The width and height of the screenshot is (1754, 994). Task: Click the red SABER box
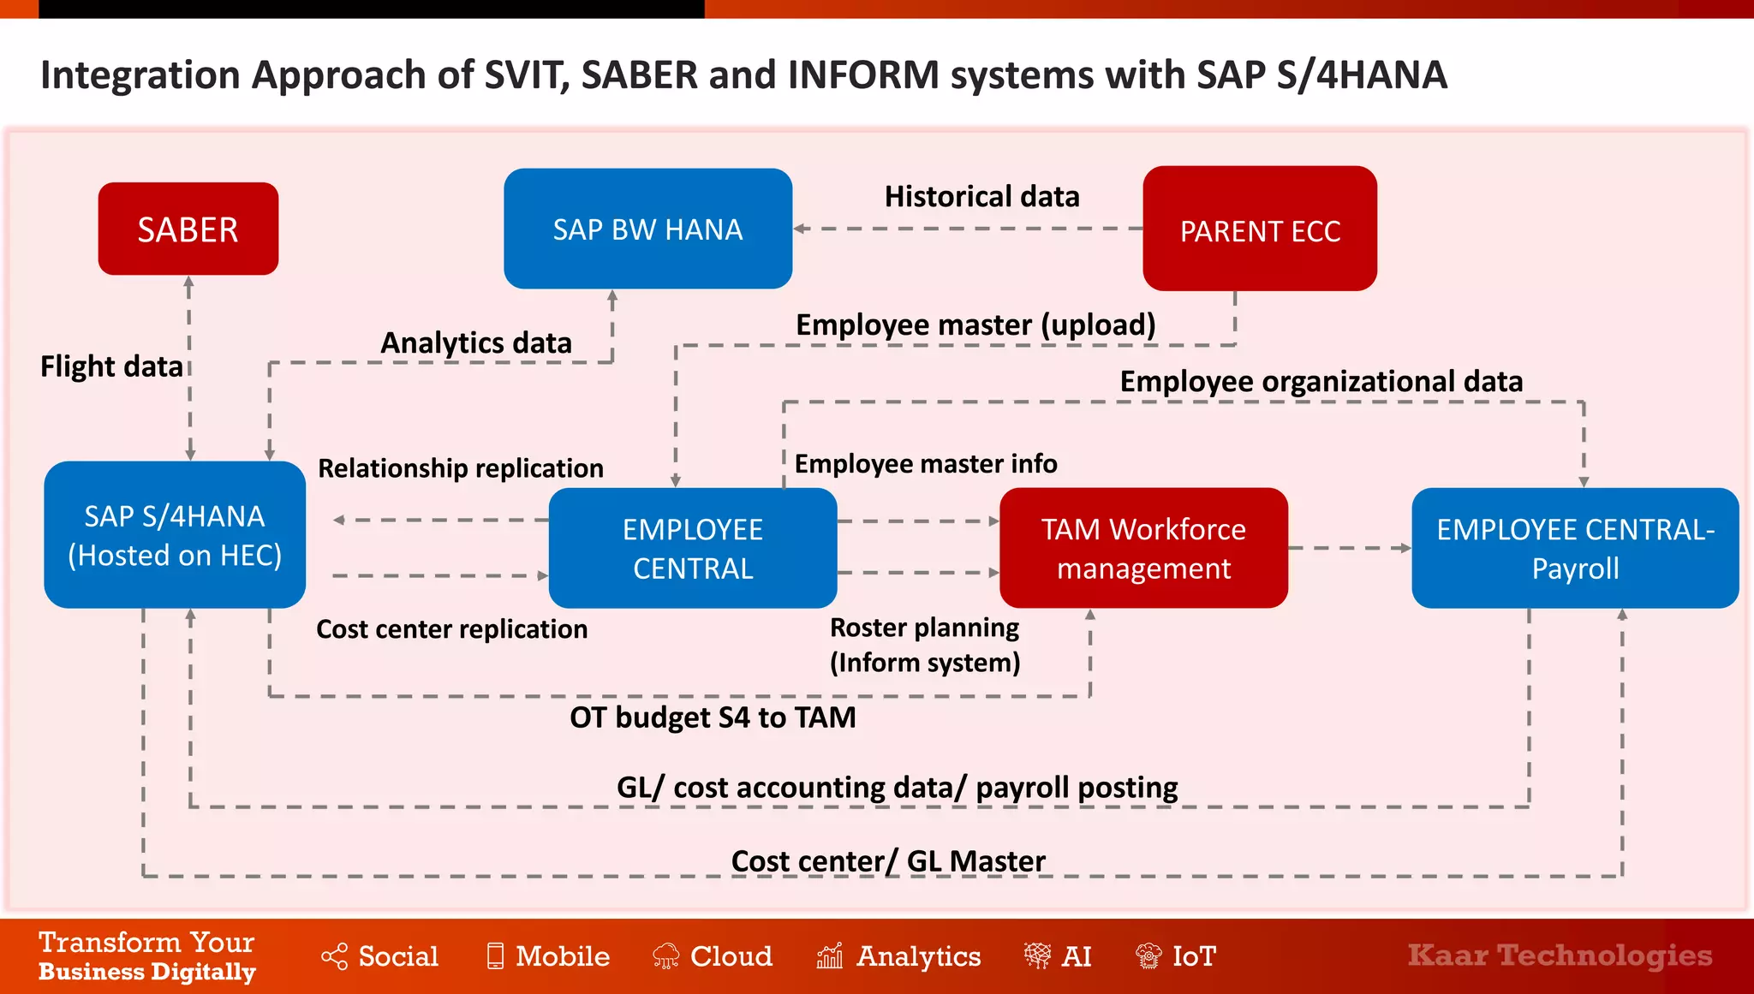(x=188, y=229)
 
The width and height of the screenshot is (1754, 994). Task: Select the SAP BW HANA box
(x=647, y=229)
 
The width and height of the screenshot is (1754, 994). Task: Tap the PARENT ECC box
(x=1260, y=229)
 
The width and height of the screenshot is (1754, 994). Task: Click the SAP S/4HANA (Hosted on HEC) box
(x=175, y=535)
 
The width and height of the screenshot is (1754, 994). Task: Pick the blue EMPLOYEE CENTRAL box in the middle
(x=692, y=548)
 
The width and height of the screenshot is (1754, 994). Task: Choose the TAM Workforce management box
(x=1143, y=548)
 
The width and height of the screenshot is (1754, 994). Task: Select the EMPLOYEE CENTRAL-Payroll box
(x=1574, y=548)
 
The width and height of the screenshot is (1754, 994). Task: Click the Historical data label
(x=981, y=196)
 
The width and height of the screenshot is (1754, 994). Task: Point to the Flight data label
(x=111, y=366)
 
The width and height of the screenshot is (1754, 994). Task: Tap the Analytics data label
(x=475, y=342)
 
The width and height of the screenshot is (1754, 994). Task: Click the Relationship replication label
(x=461, y=468)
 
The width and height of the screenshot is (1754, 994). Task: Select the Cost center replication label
(x=451, y=629)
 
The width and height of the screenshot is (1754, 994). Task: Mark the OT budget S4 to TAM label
(x=713, y=717)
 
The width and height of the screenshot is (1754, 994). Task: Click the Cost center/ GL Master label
(x=888, y=861)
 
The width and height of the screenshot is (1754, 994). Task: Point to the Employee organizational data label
(x=1321, y=381)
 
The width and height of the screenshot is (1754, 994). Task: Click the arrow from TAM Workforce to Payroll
(x=1349, y=548)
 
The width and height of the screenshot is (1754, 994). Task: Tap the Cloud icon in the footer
(x=665, y=955)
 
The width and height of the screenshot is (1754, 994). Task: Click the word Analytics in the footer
(x=918, y=955)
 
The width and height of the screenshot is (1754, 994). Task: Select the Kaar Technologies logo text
(x=1560, y=955)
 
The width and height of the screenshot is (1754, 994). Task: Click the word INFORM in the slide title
(x=863, y=74)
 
